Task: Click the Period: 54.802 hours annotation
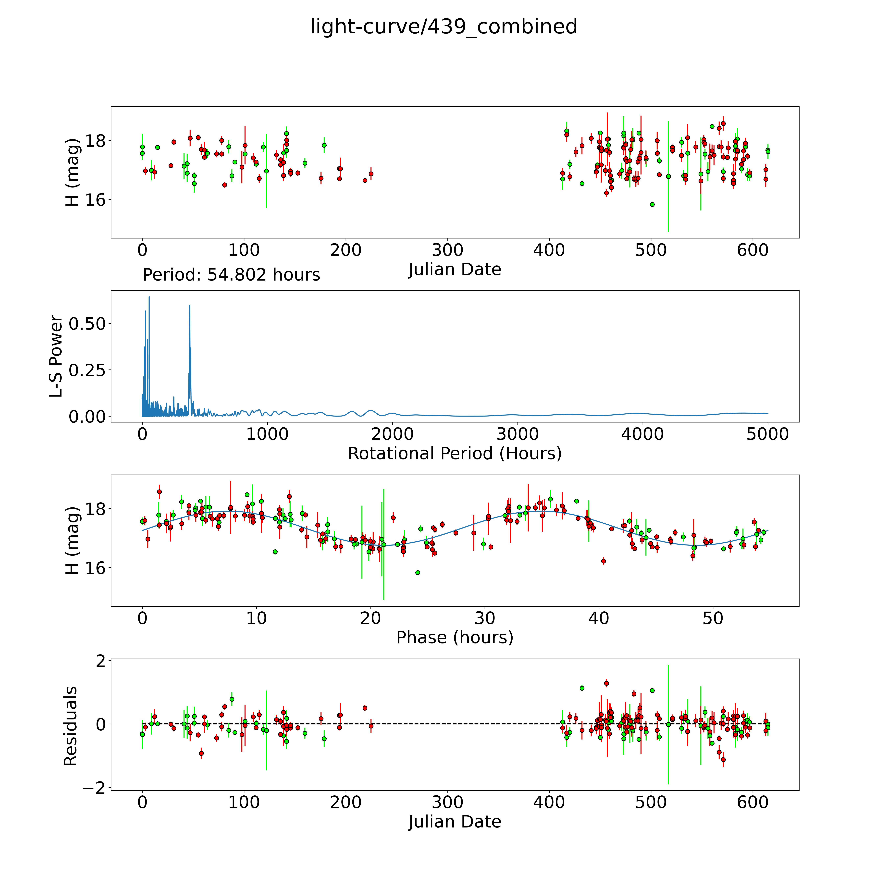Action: click(x=231, y=275)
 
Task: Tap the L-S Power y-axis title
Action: click(x=56, y=356)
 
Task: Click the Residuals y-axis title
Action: click(x=70, y=726)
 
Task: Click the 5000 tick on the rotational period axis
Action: click(x=768, y=434)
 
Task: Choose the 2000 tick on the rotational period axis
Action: click(x=393, y=434)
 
